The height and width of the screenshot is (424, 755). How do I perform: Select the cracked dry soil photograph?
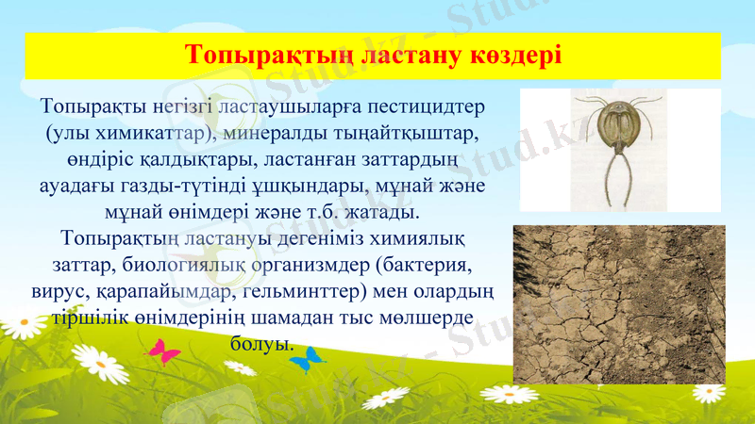[618, 303]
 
